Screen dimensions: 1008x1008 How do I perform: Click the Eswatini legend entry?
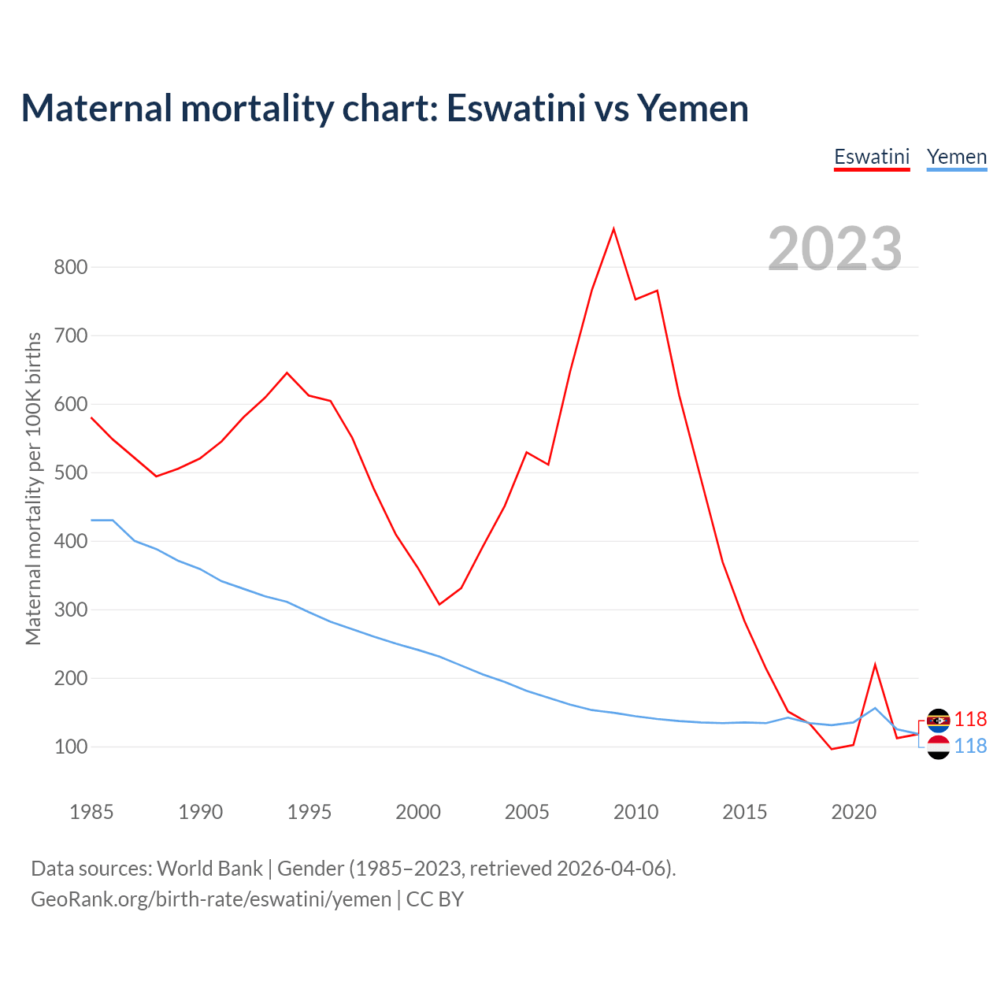click(x=872, y=157)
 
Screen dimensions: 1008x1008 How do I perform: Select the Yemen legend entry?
click(x=957, y=157)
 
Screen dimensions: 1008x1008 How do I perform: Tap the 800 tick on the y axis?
click(x=70, y=267)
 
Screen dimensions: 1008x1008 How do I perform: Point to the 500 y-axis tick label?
click(x=70, y=472)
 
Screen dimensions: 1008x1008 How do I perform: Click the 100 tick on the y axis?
click(x=70, y=747)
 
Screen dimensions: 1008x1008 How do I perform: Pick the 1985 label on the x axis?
click(x=91, y=812)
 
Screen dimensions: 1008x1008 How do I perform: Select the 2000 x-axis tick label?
click(x=418, y=812)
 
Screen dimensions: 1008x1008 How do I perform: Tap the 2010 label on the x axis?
click(x=636, y=812)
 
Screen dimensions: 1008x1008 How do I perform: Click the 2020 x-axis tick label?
click(x=854, y=812)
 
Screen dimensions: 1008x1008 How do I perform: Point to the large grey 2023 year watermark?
click(x=835, y=249)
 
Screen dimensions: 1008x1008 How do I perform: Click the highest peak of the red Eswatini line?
click(x=613, y=229)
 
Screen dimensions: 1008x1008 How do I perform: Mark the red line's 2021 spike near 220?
click(x=875, y=665)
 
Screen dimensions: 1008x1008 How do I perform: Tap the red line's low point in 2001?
click(x=439, y=604)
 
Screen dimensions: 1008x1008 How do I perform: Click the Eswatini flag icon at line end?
click(x=938, y=720)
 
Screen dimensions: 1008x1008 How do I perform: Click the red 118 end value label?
click(x=971, y=719)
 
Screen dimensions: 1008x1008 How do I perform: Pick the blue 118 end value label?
click(x=971, y=746)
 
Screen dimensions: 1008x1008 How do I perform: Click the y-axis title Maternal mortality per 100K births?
click(x=33, y=488)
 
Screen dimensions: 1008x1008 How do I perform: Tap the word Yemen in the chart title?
click(x=693, y=108)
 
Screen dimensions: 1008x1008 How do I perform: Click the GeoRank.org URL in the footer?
click(x=211, y=899)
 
